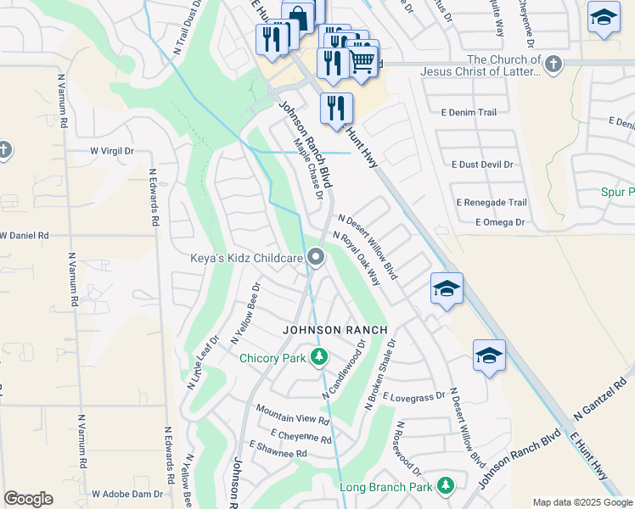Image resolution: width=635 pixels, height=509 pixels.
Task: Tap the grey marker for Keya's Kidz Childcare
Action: [x=317, y=256]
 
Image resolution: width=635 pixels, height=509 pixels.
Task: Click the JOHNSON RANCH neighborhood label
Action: [x=335, y=329]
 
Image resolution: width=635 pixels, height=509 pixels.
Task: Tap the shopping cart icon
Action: [x=363, y=61]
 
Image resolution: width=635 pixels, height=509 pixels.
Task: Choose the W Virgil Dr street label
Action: [x=112, y=151]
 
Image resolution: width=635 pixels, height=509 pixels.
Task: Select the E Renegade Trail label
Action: [x=492, y=203]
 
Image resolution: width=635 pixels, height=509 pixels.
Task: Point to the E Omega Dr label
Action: [x=500, y=222]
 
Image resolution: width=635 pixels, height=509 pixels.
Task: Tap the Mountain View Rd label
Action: [x=293, y=420]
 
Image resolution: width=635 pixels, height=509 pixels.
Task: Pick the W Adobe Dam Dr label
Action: [x=127, y=493]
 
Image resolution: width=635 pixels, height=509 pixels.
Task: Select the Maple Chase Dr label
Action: [x=309, y=170]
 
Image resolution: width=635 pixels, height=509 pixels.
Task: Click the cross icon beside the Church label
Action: [x=553, y=64]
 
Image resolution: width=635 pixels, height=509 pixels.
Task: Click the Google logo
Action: [x=28, y=499]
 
